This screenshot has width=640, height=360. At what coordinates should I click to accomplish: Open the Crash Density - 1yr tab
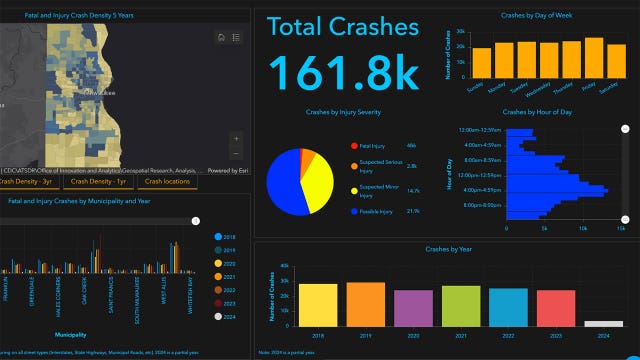click(x=98, y=181)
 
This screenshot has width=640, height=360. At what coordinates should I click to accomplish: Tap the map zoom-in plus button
click(x=236, y=139)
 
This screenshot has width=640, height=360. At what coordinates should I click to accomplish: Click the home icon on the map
click(x=221, y=37)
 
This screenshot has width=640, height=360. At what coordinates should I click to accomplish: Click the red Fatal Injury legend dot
click(x=354, y=147)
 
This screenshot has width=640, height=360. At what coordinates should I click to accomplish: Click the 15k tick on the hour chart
click(x=620, y=229)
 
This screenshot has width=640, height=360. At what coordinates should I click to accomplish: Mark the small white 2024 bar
click(x=603, y=323)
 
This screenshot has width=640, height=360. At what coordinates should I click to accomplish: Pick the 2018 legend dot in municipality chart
click(x=219, y=237)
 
